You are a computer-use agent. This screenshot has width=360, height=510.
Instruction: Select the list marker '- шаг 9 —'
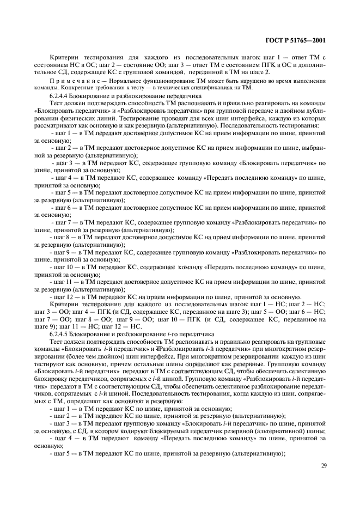point(65,252)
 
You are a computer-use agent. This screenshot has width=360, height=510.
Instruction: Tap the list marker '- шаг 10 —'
point(66,268)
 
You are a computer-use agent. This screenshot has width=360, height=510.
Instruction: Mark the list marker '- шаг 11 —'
point(66,282)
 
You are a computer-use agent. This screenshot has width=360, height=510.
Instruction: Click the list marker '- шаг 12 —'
point(66,297)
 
